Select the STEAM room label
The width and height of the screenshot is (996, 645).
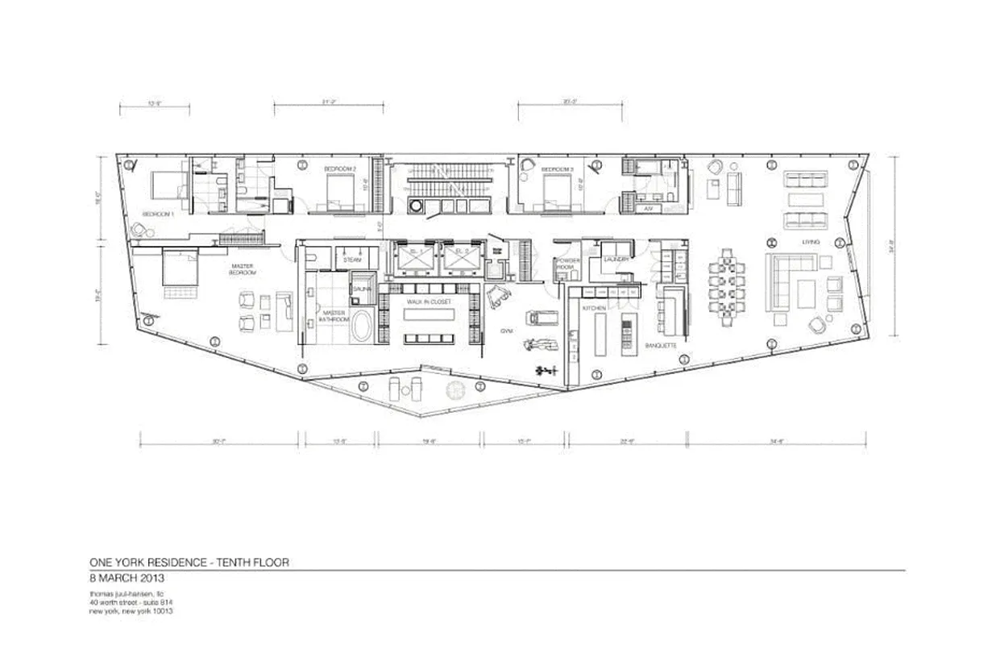351,260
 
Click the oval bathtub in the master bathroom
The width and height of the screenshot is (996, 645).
361,329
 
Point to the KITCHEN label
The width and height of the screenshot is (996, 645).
583,310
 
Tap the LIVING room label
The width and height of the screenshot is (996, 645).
811,242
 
